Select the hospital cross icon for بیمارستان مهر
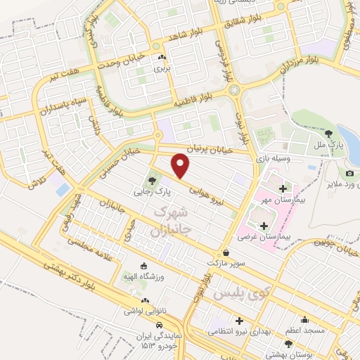coord(283,188)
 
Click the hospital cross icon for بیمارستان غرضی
coord(264,226)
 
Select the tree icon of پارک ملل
coord(329,133)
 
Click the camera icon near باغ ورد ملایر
coord(350,174)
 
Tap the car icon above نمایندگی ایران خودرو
coord(161,325)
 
